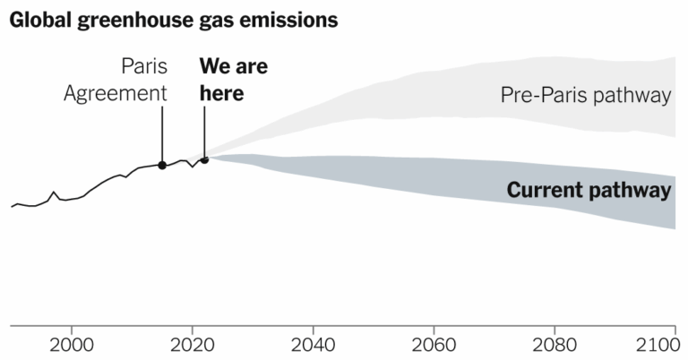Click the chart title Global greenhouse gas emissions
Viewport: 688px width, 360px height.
click(x=174, y=20)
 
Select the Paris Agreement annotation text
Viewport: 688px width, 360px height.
click(x=116, y=80)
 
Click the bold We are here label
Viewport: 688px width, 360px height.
click(x=233, y=80)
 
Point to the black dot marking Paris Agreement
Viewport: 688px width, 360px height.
click(x=162, y=165)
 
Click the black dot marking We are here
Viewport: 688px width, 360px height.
click(x=205, y=159)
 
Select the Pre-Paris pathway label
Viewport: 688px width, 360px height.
click(x=586, y=96)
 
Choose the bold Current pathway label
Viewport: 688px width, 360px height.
click(x=589, y=191)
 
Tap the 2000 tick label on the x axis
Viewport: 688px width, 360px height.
click(x=71, y=345)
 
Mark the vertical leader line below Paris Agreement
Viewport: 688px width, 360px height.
click(x=162, y=134)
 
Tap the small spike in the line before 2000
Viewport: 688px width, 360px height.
click(x=54, y=192)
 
